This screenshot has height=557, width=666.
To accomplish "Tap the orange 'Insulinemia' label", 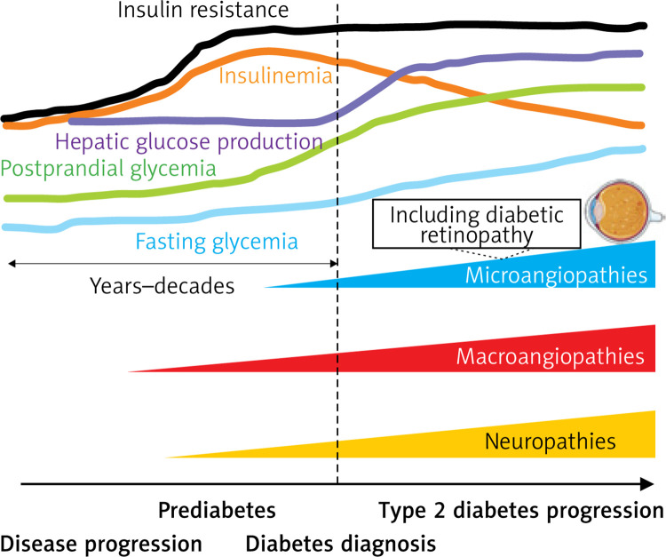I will pos(275,76).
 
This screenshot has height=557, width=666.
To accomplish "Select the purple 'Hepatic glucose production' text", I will pos(188,140).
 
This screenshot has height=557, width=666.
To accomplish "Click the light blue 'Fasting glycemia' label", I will pos(216,240).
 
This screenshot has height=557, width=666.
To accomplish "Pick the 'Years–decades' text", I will pos(163,287).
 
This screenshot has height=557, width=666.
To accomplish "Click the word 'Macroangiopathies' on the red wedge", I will pos(551,357).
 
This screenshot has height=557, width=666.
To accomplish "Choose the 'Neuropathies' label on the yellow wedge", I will pos(551,440).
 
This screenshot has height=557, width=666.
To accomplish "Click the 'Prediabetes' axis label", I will pos(217,512).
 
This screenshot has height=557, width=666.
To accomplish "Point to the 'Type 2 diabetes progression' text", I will pos(520,512).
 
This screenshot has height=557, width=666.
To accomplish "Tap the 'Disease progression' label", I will pos(101,541).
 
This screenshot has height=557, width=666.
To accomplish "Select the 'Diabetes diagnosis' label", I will pos(341,541).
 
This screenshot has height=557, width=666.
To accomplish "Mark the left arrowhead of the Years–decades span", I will pos(10,263).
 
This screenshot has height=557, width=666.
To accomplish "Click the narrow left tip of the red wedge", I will pos(131,371).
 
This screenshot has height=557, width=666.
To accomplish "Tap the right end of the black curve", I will pos(645,25).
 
